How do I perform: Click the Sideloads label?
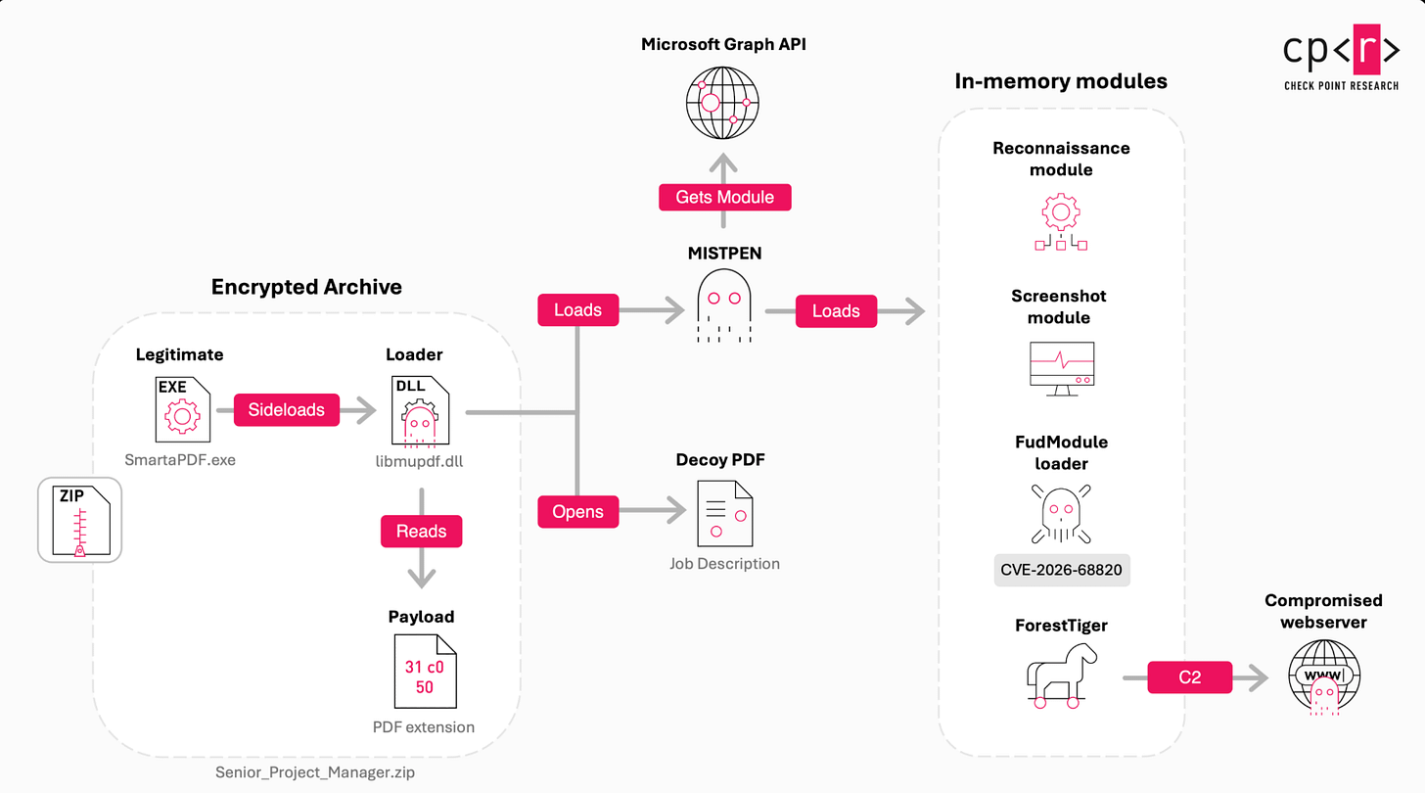(x=286, y=410)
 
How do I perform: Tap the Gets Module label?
(x=724, y=198)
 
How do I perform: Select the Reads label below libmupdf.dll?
(x=421, y=532)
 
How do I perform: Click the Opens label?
(x=577, y=512)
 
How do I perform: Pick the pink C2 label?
(x=1190, y=677)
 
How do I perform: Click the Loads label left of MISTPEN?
(x=577, y=310)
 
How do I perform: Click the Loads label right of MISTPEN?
(x=836, y=311)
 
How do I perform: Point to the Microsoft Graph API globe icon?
(x=722, y=103)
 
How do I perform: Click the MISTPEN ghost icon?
(x=724, y=305)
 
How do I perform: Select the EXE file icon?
(x=183, y=409)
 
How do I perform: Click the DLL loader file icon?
(x=420, y=410)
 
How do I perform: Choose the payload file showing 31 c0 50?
(x=425, y=672)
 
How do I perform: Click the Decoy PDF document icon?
(x=724, y=514)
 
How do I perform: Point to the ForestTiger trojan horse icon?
(x=1061, y=676)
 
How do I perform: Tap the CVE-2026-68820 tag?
(x=1062, y=570)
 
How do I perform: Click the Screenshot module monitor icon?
(x=1062, y=369)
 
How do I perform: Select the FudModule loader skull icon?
(x=1061, y=514)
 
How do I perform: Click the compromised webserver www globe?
(x=1324, y=676)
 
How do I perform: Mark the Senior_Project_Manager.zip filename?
(x=315, y=772)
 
